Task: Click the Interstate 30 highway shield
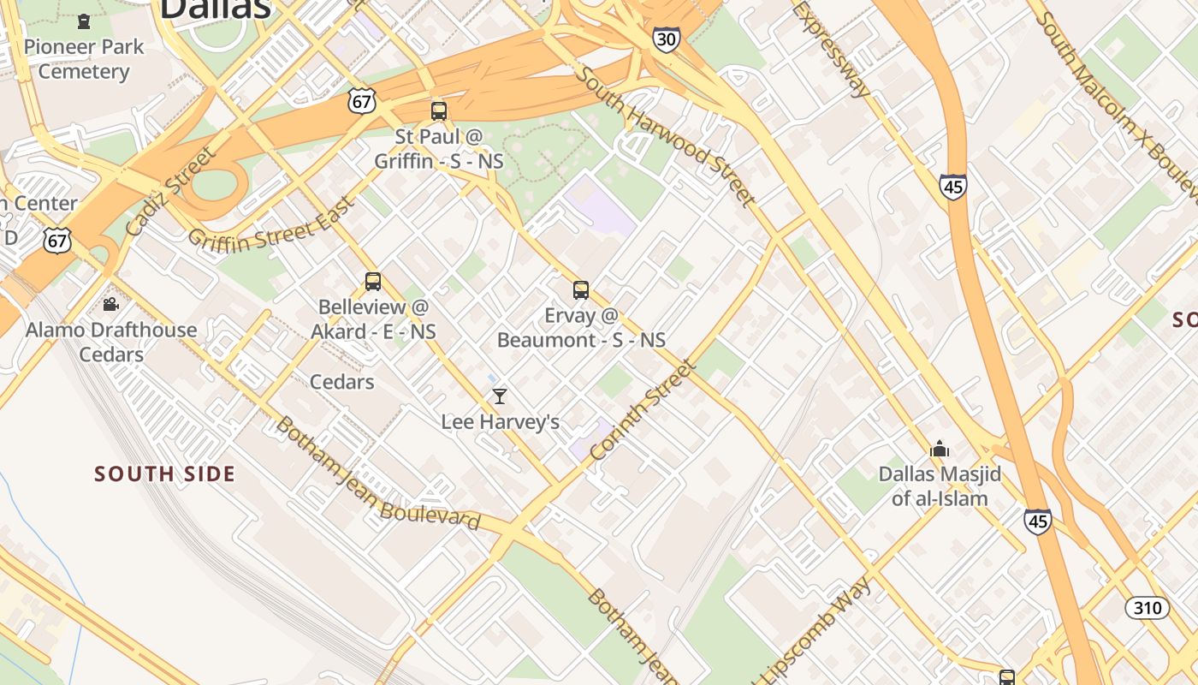tap(667, 39)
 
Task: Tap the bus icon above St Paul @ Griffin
tap(439, 110)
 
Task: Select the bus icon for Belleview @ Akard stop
tap(372, 281)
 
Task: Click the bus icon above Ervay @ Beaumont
tap(581, 289)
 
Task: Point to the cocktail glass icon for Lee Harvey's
tap(500, 396)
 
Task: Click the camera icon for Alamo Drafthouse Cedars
tap(110, 304)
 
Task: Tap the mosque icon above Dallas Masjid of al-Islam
tap(940, 449)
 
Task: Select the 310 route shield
tap(1147, 608)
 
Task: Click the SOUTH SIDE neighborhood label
tap(164, 474)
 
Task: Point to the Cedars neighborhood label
tap(341, 382)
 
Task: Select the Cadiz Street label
tap(169, 191)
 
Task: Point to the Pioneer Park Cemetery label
tap(83, 58)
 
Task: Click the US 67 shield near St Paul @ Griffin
tap(362, 100)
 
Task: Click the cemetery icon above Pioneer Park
tap(83, 21)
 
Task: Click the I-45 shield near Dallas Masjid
tap(1037, 521)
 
